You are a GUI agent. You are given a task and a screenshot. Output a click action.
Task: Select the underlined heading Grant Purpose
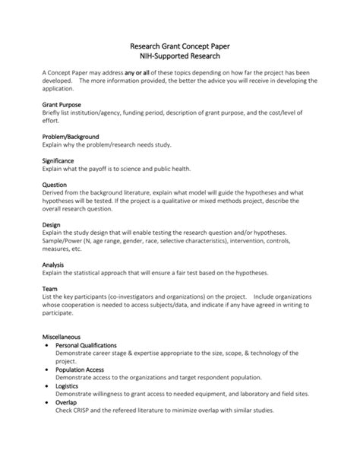point(62,104)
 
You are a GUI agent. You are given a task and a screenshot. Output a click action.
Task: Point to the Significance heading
point(58,160)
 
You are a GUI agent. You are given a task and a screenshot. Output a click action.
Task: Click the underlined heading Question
point(55,184)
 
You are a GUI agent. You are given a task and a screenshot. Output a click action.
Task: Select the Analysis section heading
point(53,265)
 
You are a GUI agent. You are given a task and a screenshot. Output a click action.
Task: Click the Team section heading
point(50,288)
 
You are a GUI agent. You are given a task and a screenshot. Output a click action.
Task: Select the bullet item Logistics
point(70,385)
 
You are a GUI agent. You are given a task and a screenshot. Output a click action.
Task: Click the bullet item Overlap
point(68,402)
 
